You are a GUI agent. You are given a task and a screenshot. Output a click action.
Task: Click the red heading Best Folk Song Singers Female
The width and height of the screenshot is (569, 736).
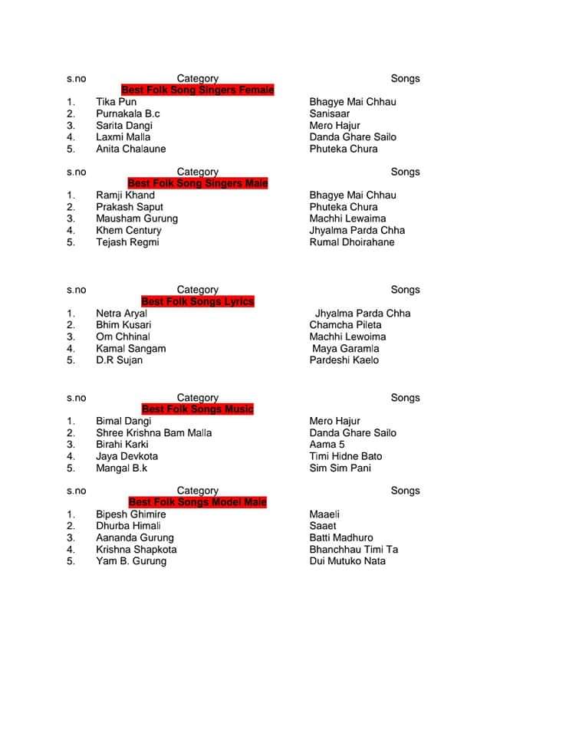[x=197, y=90]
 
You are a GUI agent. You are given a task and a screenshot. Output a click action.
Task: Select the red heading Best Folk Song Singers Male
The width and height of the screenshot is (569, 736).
[x=197, y=184]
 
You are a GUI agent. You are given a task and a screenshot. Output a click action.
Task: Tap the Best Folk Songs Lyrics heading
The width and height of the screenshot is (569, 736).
[x=197, y=302]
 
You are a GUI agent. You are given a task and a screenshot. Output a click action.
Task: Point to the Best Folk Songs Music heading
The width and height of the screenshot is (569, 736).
[x=197, y=409]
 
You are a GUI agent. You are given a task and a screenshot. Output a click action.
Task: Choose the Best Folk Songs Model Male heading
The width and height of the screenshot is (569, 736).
[x=197, y=502]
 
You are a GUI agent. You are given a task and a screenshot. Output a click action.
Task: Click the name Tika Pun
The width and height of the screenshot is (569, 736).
[x=117, y=102]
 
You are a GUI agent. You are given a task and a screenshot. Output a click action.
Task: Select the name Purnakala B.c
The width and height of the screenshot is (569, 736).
[x=128, y=113]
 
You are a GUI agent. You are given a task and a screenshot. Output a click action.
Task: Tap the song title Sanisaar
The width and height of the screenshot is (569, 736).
[x=330, y=113]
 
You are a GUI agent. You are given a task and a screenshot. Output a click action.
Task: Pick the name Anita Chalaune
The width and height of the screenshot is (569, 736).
[x=130, y=149]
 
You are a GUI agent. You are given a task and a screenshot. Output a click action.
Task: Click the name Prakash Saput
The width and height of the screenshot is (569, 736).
[x=130, y=207]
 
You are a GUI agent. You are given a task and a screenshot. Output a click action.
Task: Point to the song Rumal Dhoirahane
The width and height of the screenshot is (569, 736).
[x=352, y=242]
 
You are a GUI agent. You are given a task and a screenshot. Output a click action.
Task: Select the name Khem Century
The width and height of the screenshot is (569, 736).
[x=129, y=231]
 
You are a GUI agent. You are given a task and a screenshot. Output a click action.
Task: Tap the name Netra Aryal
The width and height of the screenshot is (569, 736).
[x=121, y=314]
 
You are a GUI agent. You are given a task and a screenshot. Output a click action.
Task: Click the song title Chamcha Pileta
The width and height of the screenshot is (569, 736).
[x=345, y=325]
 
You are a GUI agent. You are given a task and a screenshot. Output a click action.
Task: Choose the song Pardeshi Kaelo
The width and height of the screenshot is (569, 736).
[x=344, y=360]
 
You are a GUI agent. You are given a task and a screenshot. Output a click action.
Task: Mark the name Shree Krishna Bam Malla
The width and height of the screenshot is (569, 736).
[x=153, y=433]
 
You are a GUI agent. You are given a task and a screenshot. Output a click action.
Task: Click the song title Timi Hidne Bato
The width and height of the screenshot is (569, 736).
[x=346, y=456]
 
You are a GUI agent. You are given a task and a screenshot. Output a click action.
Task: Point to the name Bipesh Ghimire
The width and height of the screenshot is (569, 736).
[x=130, y=514]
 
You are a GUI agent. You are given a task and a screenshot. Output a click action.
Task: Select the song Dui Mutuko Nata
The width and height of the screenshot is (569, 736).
[x=347, y=561]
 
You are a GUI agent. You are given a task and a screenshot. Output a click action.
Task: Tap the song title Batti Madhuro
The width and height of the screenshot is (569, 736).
[x=341, y=537]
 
